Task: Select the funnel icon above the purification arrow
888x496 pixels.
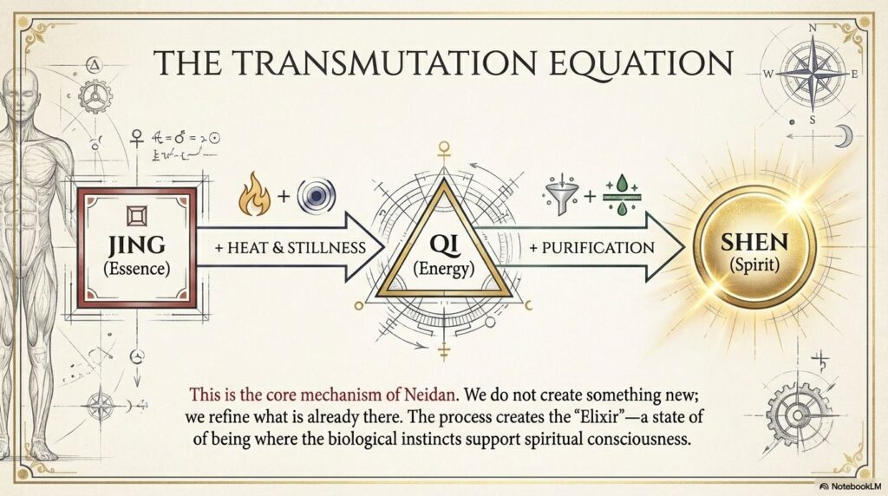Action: point(559,195)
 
